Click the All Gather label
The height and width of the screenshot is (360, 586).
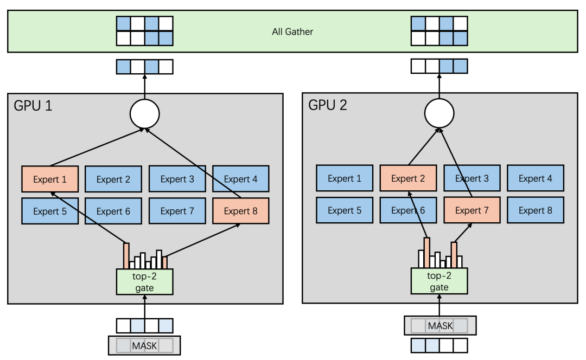pos(292,31)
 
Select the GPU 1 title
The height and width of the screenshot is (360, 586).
pos(33,105)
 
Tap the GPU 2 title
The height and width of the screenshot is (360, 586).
pos(328,105)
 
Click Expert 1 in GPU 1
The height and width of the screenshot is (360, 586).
pos(50,179)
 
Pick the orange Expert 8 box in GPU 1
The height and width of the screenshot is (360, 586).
pos(240,211)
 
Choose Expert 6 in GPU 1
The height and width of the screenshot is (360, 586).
pos(113,211)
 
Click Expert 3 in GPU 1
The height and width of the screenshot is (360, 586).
pos(177,179)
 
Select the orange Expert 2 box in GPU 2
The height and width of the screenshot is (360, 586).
pos(408,178)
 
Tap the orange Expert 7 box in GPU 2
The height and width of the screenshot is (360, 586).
pos(472,210)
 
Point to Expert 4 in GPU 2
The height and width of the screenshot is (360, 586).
pos(536,178)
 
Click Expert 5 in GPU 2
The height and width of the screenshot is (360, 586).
pos(345,210)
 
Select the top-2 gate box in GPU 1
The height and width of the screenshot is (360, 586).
pos(144,282)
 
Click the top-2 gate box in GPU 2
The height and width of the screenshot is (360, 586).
pos(439,282)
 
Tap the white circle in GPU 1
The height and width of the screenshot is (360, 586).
pos(144,114)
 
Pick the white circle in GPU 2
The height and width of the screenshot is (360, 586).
pos(439,114)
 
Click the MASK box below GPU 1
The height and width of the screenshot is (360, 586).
pos(144,345)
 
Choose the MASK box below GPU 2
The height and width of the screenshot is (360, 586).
pos(440,326)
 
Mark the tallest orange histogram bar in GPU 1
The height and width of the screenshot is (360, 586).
pos(126,256)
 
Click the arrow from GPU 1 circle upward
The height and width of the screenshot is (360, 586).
pos(144,87)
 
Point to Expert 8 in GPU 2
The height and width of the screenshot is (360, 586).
pos(536,210)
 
